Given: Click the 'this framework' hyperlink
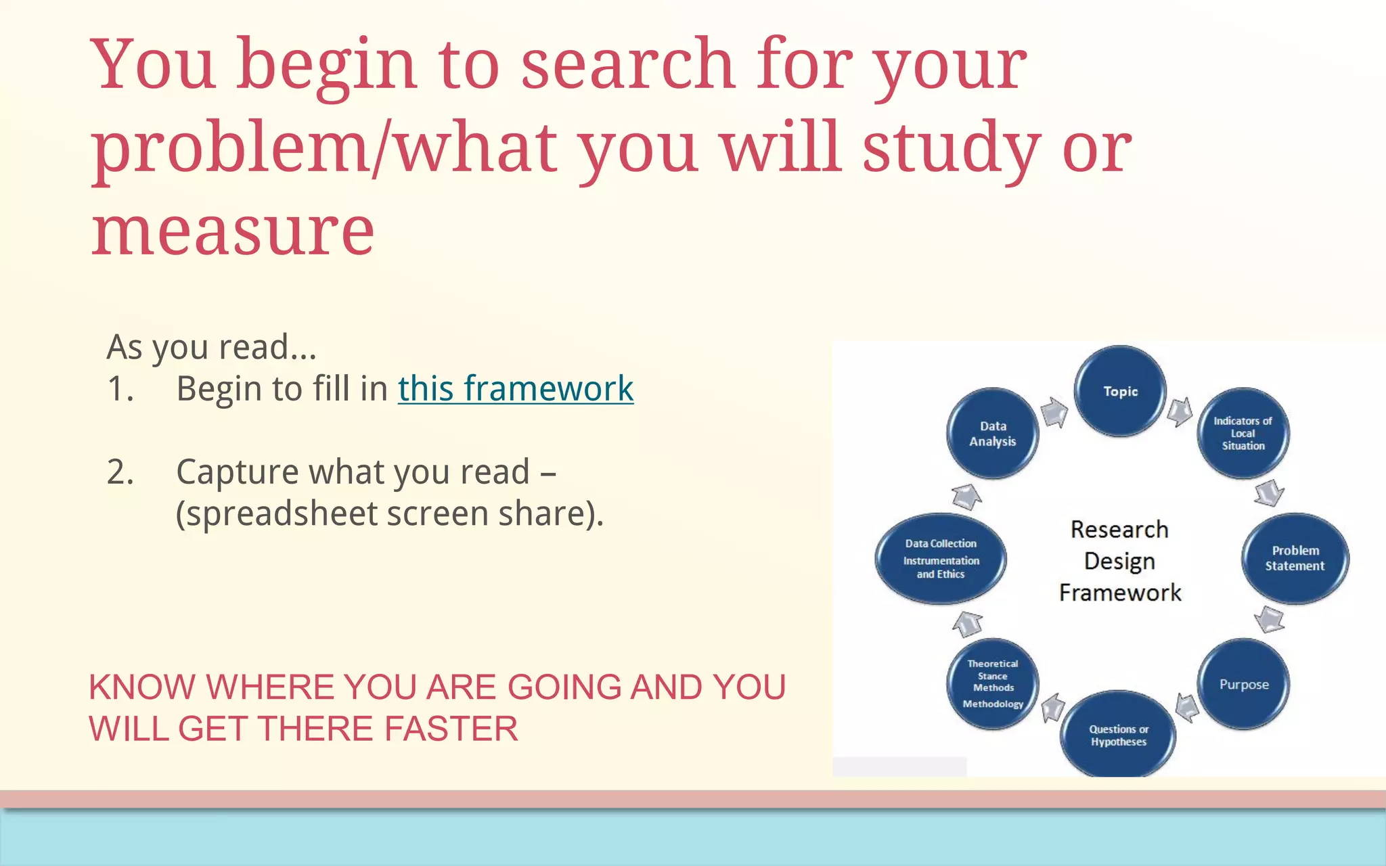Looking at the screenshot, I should click(516, 389).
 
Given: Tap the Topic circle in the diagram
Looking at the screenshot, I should click(1120, 391).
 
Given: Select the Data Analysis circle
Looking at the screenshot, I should click(992, 434).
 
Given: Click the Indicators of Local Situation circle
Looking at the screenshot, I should click(1243, 433).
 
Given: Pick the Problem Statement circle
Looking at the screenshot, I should click(1295, 558).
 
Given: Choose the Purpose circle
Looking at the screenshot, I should click(1244, 684).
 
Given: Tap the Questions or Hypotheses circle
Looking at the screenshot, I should click(1118, 735).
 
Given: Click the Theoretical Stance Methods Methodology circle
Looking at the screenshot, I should click(993, 684).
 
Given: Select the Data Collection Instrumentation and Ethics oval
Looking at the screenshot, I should click(941, 559).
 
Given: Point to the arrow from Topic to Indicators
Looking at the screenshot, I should click(1180, 411).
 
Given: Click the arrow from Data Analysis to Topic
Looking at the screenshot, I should click(1054, 412).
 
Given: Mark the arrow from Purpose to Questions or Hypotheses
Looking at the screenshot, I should click(1187, 708).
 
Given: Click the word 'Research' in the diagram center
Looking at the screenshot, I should click(1119, 529).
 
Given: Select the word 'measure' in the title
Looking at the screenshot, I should click(233, 231).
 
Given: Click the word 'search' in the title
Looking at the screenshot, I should click(627, 64).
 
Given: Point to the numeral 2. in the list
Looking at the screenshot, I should click(120, 472).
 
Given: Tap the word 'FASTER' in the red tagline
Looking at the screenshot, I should click(451, 729).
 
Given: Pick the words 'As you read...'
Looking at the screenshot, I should click(212, 347).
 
